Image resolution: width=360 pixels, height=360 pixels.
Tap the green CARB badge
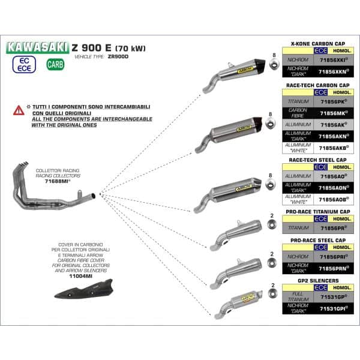[x=53, y=64]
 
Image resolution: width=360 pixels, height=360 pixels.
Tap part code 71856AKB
[x=332, y=146]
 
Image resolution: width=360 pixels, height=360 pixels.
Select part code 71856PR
[x=332, y=228]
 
